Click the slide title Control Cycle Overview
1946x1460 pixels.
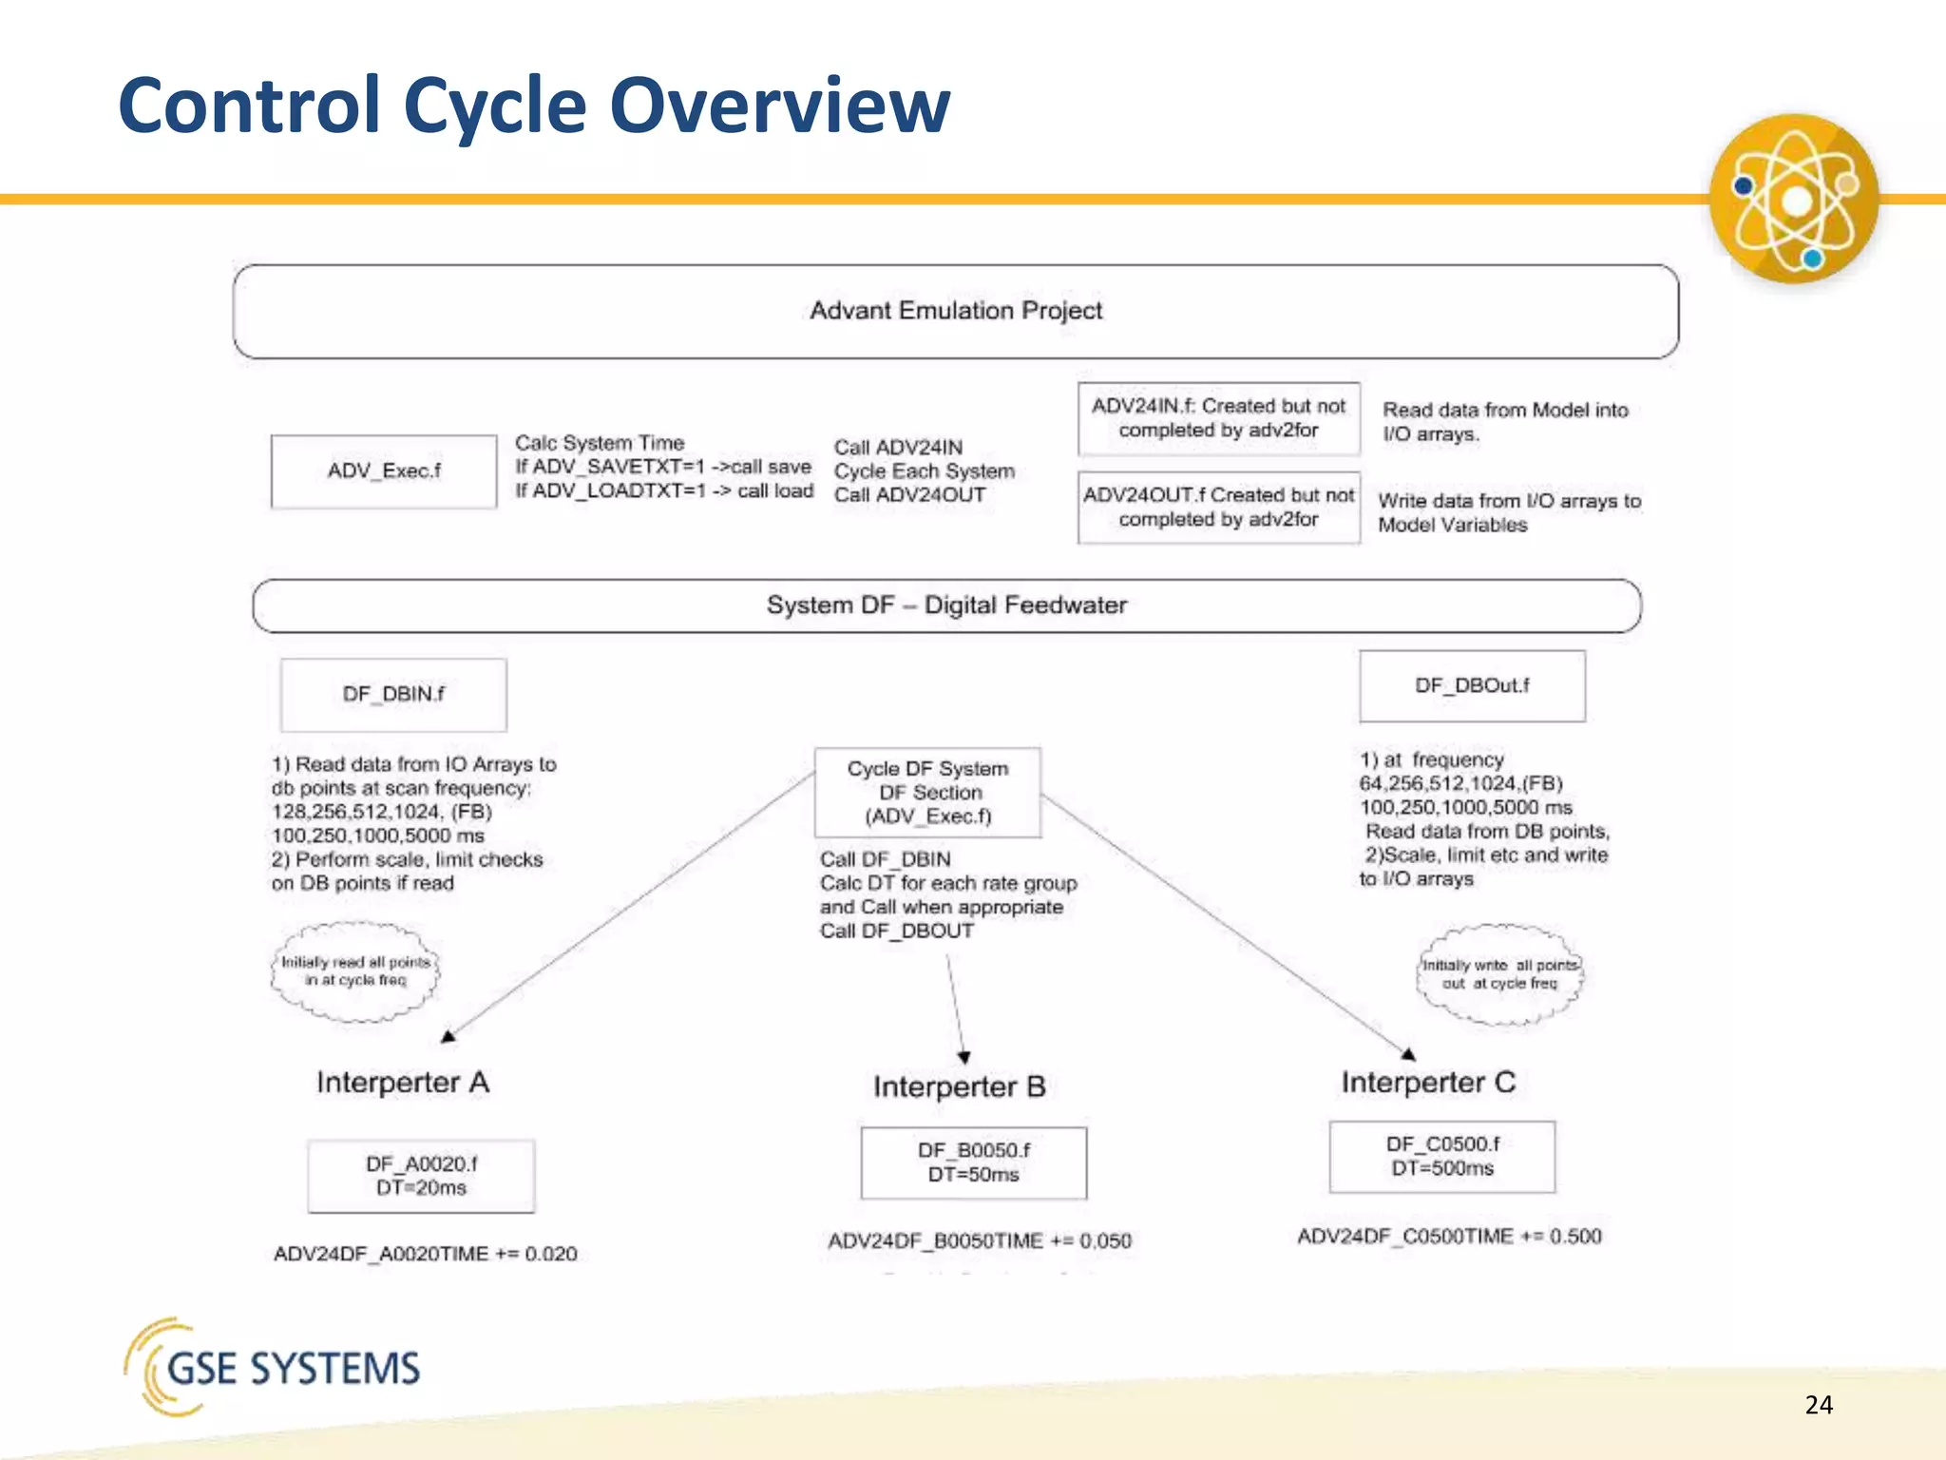point(533,105)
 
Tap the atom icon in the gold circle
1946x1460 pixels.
point(1794,199)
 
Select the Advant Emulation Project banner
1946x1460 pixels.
point(956,311)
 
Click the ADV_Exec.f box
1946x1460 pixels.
point(384,471)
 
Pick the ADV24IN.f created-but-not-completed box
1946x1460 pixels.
point(1218,418)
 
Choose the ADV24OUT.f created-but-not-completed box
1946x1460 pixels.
point(1218,508)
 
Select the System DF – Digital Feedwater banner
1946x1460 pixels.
point(946,605)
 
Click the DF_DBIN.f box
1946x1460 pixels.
point(393,695)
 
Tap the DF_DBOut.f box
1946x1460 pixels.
point(1472,686)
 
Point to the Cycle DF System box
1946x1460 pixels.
point(927,792)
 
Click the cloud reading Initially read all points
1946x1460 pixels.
point(355,971)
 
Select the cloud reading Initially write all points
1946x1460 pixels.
point(1499,974)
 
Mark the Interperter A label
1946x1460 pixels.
point(403,1083)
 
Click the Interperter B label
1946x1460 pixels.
point(959,1086)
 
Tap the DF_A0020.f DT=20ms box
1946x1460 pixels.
point(421,1176)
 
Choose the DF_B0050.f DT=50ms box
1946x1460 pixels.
point(973,1162)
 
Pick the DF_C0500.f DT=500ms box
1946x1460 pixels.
point(1441,1156)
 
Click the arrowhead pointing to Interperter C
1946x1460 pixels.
point(1409,1053)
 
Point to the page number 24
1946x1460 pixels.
point(1818,1405)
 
